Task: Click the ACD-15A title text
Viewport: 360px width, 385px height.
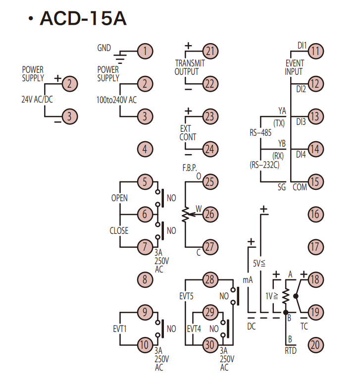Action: coord(83,19)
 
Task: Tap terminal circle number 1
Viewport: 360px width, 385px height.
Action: coord(145,51)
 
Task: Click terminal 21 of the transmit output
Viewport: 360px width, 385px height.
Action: coord(210,51)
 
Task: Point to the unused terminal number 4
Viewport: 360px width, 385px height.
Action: coord(145,149)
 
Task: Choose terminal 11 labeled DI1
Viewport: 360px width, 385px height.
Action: coord(315,51)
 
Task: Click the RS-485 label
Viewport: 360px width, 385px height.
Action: coord(260,133)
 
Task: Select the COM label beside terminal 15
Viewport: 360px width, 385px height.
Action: coord(300,187)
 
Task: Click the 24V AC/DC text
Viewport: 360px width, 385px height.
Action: coord(37,100)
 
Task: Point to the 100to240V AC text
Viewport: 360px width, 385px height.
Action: coord(116,100)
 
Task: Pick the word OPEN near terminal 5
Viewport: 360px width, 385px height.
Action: coord(119,198)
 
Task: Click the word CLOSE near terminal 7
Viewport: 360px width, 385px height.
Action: coord(119,230)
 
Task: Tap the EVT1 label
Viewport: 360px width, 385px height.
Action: coord(120,328)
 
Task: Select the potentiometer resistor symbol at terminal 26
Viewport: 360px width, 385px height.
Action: coord(185,214)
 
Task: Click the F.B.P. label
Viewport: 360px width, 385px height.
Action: coord(190,168)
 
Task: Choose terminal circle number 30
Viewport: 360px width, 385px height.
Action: coord(210,344)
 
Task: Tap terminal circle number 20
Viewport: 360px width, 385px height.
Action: coord(315,345)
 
